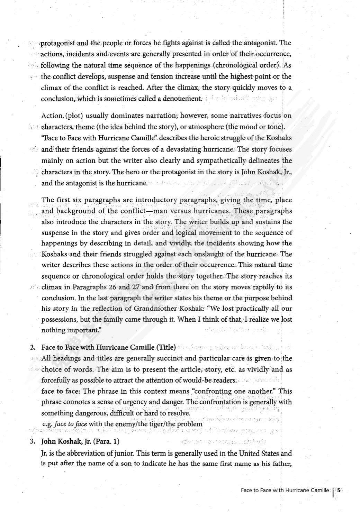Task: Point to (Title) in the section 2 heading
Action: coord(166,347)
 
